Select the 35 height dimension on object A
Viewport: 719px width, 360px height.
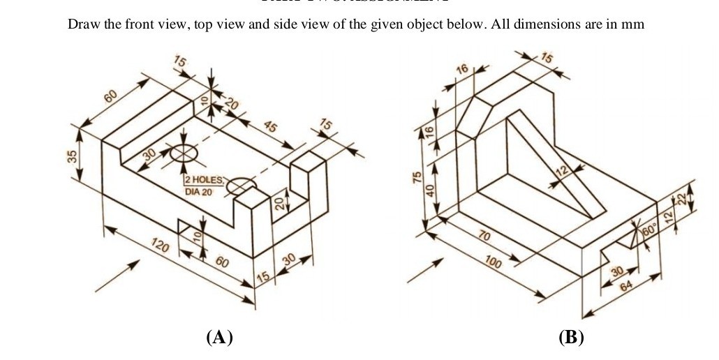click(x=71, y=156)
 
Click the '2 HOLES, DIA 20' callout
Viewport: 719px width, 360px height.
click(x=205, y=186)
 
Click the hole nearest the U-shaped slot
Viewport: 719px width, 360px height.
click(x=242, y=186)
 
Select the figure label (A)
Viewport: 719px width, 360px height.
click(x=219, y=338)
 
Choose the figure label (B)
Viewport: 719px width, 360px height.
click(x=571, y=338)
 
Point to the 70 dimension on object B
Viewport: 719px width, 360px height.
click(x=483, y=237)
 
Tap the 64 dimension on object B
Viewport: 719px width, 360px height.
click(x=625, y=287)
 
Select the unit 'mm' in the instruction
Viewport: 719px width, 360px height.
click(x=632, y=24)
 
